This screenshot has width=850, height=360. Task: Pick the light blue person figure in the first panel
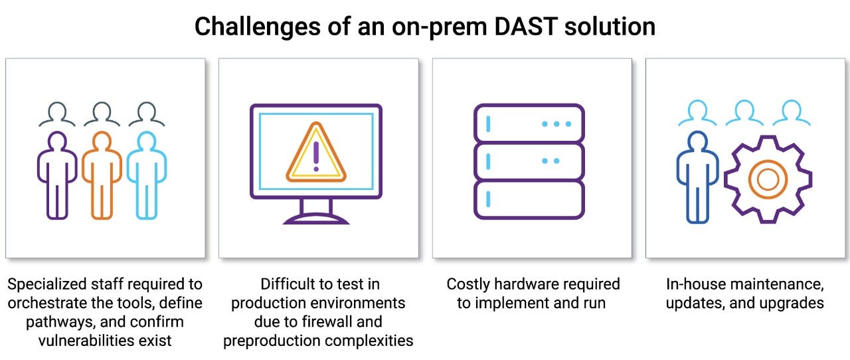(x=146, y=174)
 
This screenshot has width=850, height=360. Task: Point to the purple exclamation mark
(x=316, y=155)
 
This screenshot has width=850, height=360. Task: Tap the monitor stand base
(x=316, y=219)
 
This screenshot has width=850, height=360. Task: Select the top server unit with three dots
(x=529, y=124)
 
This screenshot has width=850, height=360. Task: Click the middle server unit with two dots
(x=529, y=161)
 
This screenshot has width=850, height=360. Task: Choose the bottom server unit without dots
(x=529, y=199)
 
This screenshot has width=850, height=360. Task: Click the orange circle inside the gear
(x=767, y=178)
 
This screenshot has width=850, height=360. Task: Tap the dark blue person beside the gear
(x=697, y=176)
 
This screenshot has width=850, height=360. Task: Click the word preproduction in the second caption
(x=272, y=341)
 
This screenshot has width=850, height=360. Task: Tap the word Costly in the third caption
(x=468, y=284)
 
